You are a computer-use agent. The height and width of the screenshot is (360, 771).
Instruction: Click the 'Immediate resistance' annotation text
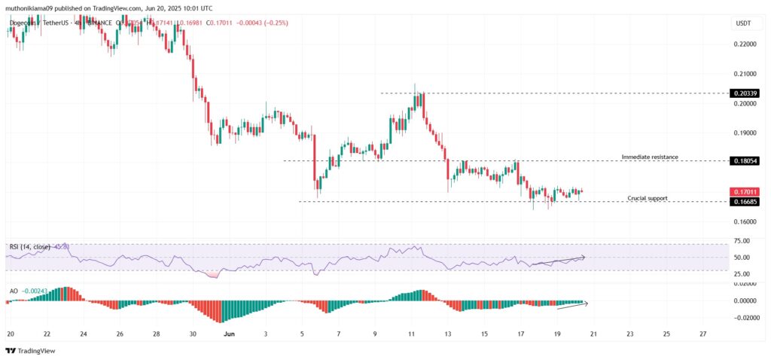click(x=649, y=157)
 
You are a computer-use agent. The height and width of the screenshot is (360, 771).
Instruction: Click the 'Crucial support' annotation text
click(x=647, y=198)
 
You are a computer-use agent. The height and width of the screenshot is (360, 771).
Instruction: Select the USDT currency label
click(x=744, y=24)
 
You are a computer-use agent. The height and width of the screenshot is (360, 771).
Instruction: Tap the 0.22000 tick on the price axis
click(x=745, y=44)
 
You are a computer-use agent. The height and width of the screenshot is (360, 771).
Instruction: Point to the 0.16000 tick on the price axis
click(x=745, y=221)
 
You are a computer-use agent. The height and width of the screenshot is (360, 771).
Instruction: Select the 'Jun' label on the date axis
click(x=229, y=334)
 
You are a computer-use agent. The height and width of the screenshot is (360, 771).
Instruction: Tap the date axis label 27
click(x=702, y=334)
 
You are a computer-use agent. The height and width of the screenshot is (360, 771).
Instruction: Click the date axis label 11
click(x=411, y=334)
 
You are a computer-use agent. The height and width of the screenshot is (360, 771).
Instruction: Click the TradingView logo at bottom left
click(x=26, y=350)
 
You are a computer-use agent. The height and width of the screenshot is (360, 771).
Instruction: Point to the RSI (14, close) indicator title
click(x=29, y=246)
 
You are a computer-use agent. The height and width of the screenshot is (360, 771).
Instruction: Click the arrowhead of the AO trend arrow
click(x=586, y=303)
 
